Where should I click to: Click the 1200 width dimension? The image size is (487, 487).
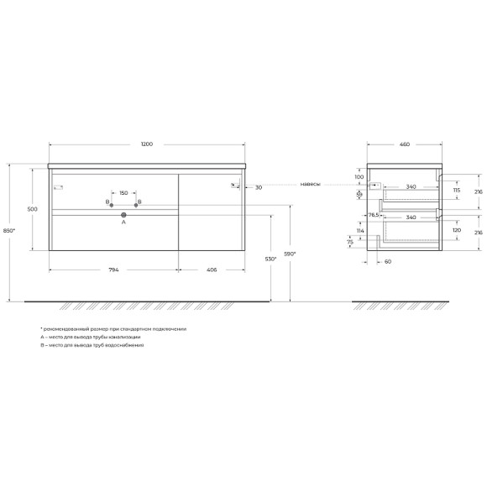(147, 145)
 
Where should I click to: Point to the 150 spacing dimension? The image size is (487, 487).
(123, 193)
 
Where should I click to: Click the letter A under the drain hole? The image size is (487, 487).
(123, 223)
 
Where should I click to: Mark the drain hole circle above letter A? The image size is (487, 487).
(123, 215)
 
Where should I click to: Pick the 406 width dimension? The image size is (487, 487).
(211, 270)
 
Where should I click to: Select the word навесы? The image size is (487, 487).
(310, 185)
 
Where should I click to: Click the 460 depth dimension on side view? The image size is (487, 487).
(404, 145)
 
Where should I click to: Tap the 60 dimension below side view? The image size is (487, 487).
(388, 261)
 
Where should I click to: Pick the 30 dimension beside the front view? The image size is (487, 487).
(259, 187)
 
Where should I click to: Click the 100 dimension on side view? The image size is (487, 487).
(359, 177)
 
